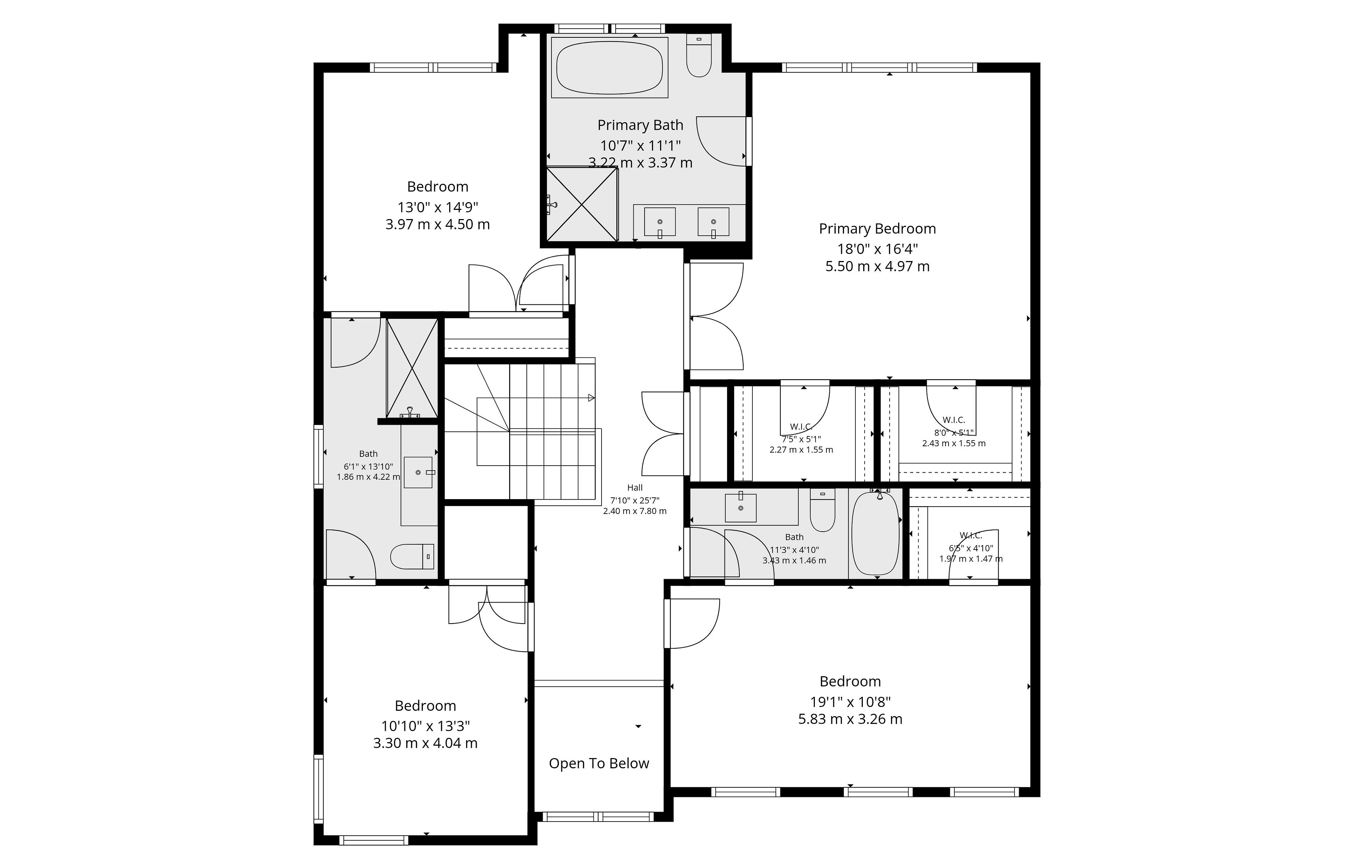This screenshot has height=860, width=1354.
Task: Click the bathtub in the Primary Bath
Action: click(610, 67)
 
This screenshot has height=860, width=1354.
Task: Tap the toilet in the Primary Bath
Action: click(699, 55)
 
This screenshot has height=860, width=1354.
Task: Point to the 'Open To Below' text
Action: click(599, 763)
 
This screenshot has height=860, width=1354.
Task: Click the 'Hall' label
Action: click(635, 487)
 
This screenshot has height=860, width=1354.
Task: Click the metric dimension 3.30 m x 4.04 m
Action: click(425, 743)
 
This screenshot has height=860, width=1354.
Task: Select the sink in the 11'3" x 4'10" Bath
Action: click(740, 507)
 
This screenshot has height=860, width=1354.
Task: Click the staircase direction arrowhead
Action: click(591, 398)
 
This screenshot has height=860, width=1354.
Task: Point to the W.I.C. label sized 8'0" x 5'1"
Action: click(954, 420)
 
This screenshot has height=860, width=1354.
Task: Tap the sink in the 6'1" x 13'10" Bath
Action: click(418, 472)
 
